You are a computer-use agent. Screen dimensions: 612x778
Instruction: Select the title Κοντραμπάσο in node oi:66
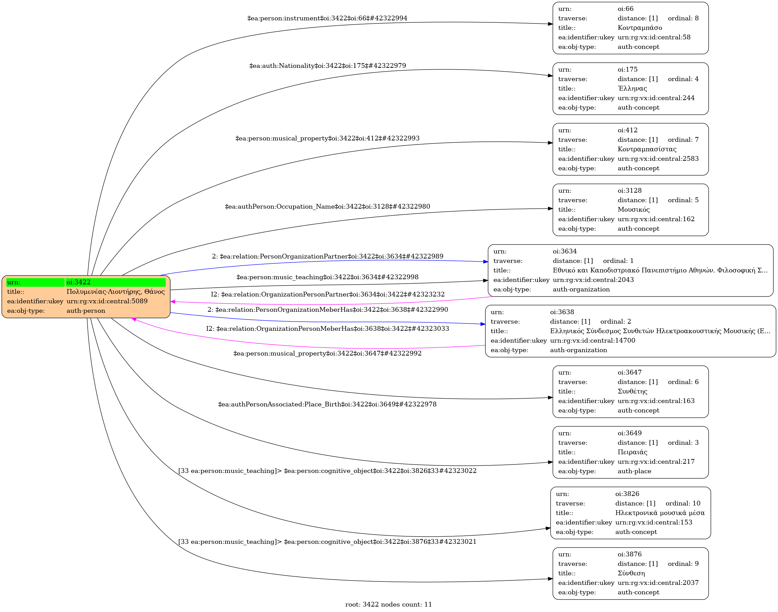639,28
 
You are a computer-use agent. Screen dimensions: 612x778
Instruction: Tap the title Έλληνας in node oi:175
632,89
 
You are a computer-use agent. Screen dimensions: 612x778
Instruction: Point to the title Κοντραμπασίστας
647,149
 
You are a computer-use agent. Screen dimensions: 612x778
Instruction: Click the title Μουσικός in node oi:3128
633,210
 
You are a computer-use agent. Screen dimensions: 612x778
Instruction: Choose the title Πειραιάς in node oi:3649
632,452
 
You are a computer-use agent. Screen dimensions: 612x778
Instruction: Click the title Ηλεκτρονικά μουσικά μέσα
659,513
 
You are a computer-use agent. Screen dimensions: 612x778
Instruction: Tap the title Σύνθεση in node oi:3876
631,573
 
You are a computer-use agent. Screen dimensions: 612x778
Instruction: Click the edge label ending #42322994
327,18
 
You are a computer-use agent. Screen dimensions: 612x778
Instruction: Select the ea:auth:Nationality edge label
327,66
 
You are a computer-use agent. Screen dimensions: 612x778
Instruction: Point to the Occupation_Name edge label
327,207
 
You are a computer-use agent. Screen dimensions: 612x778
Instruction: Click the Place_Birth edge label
327,404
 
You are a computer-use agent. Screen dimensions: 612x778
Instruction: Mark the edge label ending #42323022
327,471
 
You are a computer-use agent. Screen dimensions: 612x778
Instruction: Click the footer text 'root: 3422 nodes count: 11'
388,605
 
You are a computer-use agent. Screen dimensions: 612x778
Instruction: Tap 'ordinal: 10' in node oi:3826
683,503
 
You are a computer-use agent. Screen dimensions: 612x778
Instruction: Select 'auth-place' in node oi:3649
634,471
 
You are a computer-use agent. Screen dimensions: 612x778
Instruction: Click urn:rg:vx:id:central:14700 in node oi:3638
593,340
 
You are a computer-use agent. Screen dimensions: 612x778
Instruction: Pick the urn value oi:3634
565,251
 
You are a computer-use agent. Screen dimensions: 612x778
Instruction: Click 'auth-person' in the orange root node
86,311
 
